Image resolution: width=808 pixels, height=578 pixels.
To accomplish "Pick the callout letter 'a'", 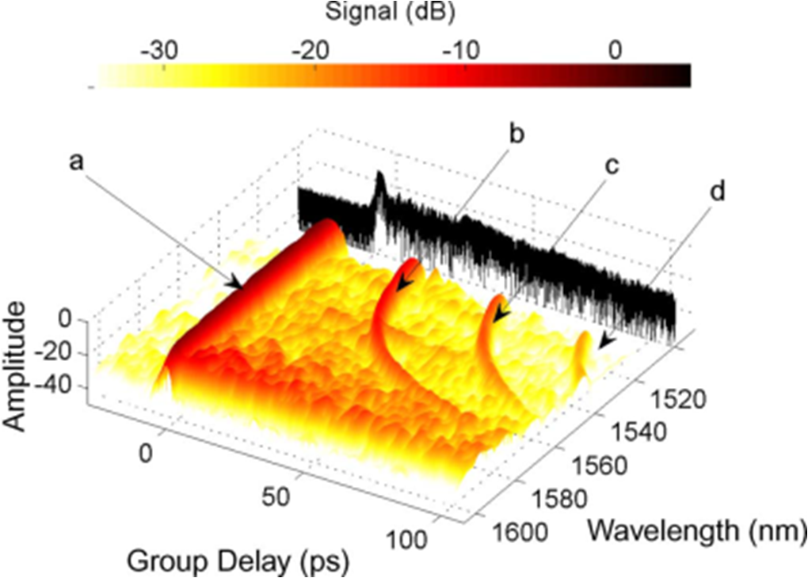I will click(77, 161).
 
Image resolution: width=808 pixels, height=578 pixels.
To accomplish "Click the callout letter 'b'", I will click(516, 135).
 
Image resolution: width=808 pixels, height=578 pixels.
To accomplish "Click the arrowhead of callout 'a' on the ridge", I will click(235, 283).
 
